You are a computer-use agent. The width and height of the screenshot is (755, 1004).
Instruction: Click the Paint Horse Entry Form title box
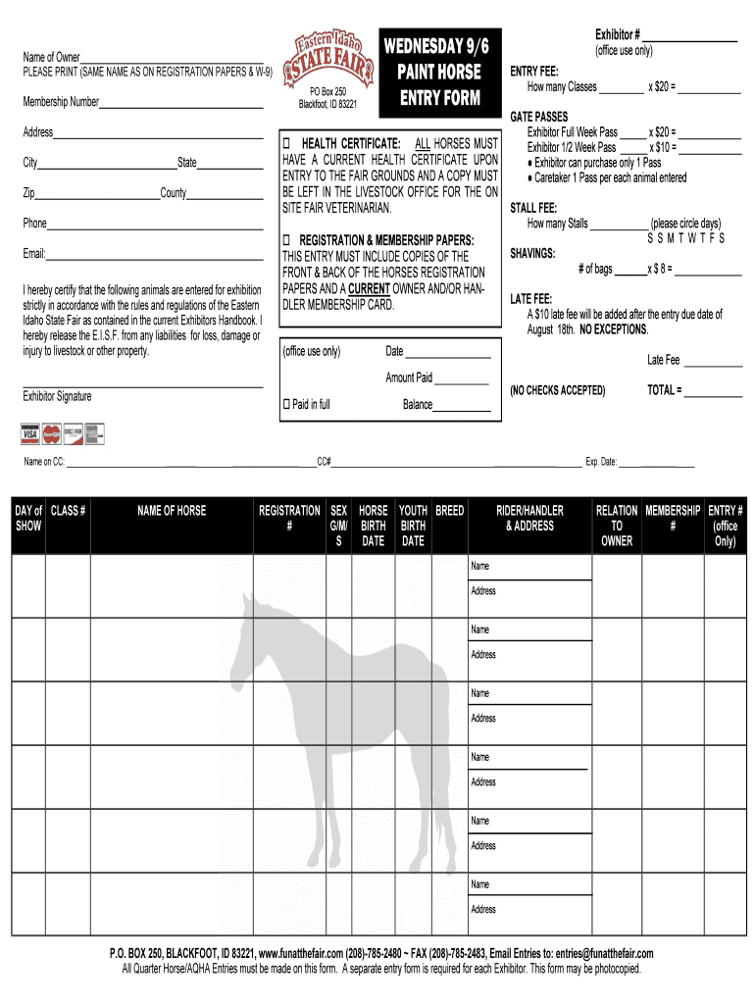438,72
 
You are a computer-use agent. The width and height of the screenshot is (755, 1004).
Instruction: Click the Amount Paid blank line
461,382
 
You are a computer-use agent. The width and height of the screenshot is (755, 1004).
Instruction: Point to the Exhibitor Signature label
57,396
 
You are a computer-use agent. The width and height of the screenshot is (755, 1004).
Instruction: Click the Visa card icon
29,432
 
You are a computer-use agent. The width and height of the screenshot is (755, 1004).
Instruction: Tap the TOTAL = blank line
713,395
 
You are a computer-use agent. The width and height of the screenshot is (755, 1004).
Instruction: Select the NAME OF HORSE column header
172,511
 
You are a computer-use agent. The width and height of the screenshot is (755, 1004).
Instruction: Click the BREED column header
450,511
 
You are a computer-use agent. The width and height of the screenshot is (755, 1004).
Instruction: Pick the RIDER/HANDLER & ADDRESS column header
529,518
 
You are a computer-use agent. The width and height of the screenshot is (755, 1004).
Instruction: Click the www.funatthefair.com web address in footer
300,954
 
